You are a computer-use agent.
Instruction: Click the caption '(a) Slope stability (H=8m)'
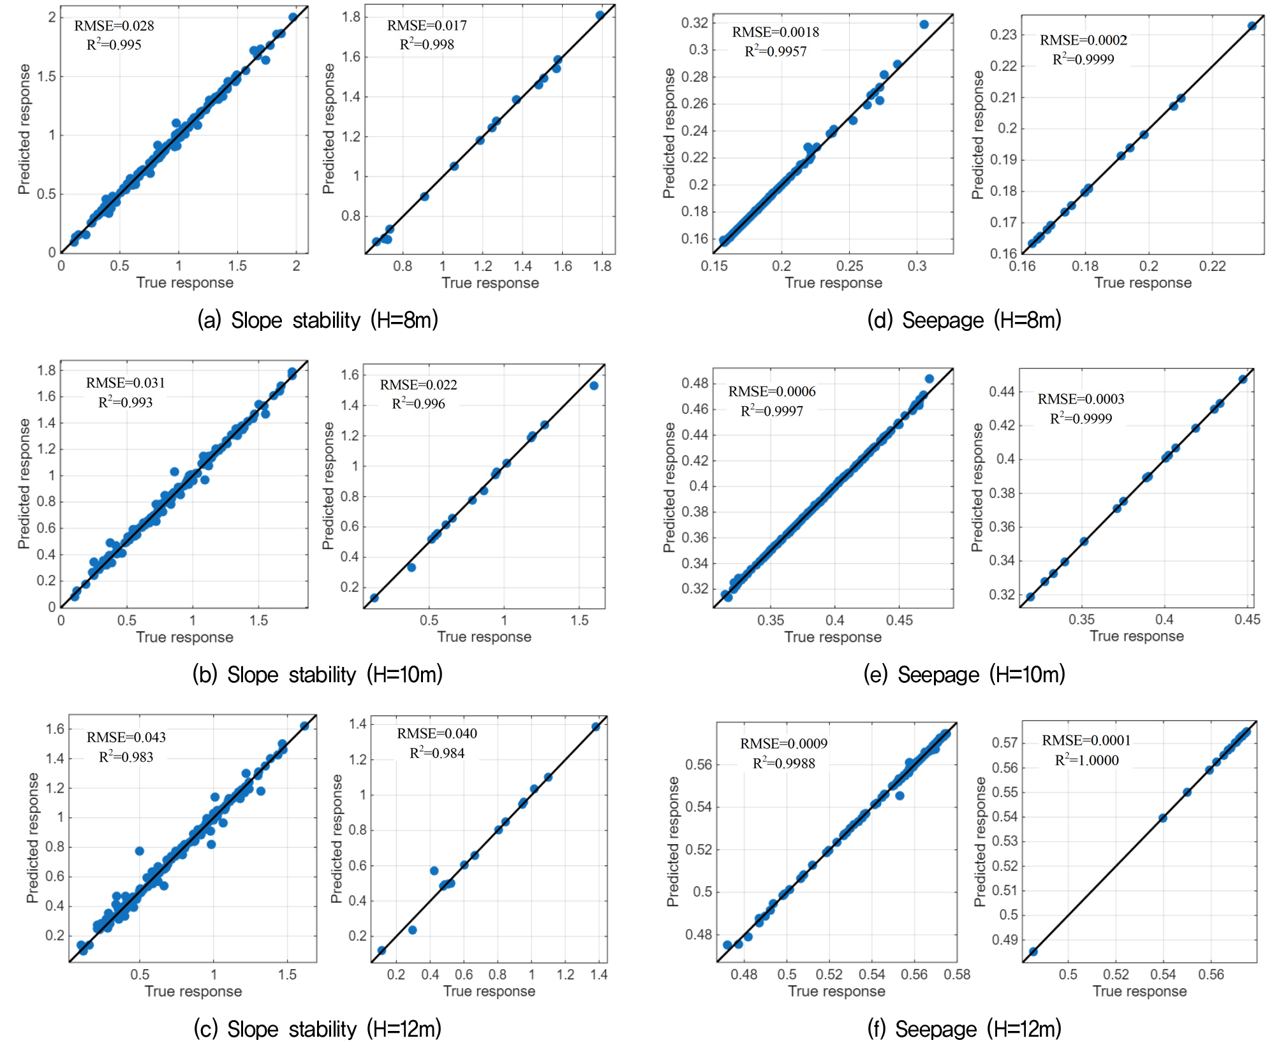point(318,320)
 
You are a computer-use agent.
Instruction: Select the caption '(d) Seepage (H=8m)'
point(964,320)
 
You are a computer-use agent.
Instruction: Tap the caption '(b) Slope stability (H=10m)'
point(318,675)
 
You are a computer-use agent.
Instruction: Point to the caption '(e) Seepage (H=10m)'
point(964,675)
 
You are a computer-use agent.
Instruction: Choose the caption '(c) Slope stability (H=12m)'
point(318,1029)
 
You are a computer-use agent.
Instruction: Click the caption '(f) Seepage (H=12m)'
point(964,1029)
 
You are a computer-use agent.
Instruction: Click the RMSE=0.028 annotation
point(114,26)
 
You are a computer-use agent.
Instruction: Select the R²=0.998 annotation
point(427,45)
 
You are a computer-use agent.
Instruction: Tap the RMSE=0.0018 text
point(775,33)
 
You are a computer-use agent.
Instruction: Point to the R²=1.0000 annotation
point(1086,760)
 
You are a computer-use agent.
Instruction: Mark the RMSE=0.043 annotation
point(126,738)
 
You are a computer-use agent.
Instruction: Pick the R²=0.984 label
point(437,753)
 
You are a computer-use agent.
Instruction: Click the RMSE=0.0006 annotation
point(772,391)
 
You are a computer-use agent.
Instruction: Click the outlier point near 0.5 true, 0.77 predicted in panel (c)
point(140,851)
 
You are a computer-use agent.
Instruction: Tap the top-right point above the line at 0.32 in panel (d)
point(924,25)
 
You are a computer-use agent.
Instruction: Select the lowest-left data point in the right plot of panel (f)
point(1033,952)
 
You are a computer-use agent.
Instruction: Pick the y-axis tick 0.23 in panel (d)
point(1003,34)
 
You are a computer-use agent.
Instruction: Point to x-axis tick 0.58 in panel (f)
point(957,974)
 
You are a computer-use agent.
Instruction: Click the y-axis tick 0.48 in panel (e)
point(695,383)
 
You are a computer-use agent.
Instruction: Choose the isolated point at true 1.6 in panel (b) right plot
point(594,386)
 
